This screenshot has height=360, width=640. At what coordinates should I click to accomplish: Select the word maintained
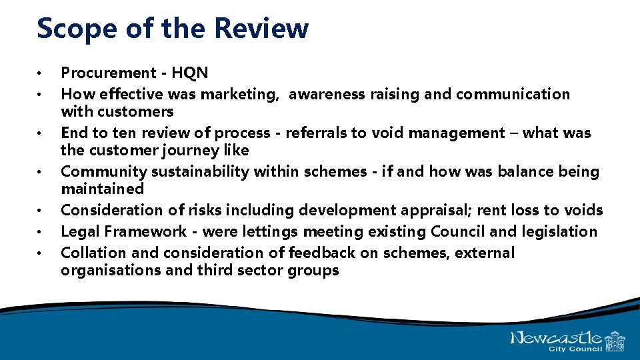pos(102,189)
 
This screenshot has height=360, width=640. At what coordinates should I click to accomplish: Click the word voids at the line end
pos(583,211)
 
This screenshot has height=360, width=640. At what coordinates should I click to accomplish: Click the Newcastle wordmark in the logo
pos(557,338)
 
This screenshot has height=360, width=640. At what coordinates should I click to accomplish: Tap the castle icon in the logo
pos(614,341)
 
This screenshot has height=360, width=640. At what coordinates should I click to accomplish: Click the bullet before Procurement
pos(41,73)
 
